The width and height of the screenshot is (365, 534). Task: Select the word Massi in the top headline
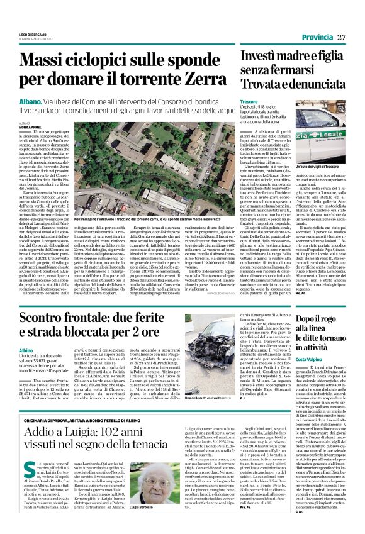49,61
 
